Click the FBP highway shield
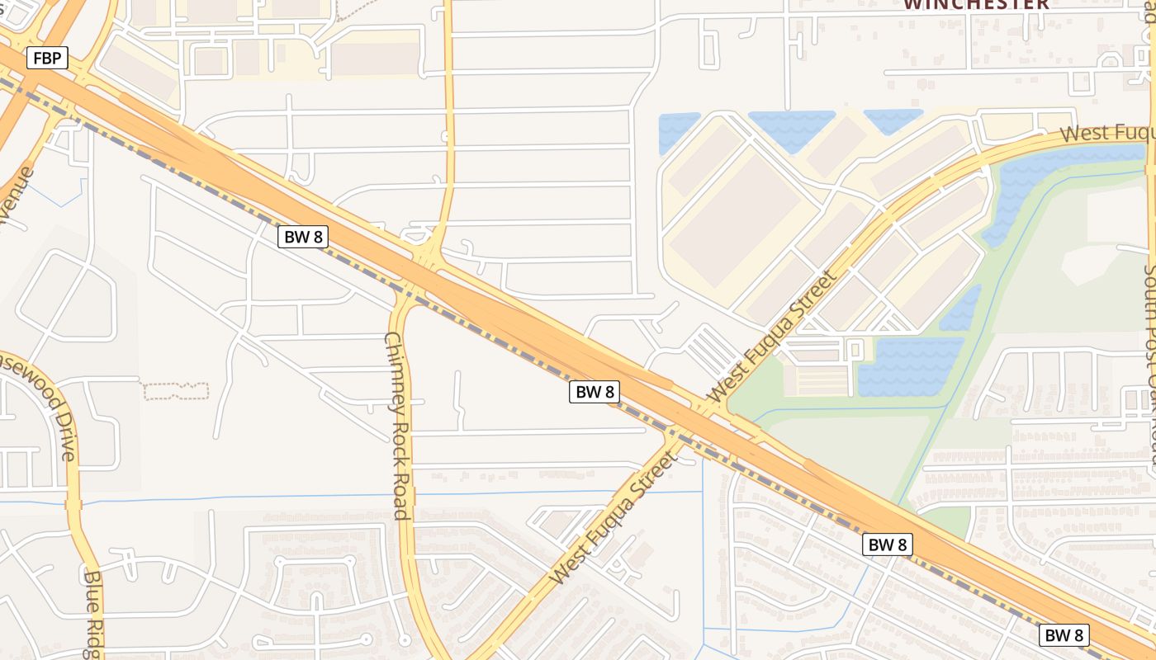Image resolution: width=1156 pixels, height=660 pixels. click(x=46, y=59)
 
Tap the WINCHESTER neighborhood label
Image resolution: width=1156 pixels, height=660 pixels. click(x=976, y=4)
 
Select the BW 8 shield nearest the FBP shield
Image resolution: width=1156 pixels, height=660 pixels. click(x=304, y=237)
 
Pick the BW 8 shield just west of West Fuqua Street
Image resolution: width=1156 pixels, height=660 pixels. click(x=595, y=392)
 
